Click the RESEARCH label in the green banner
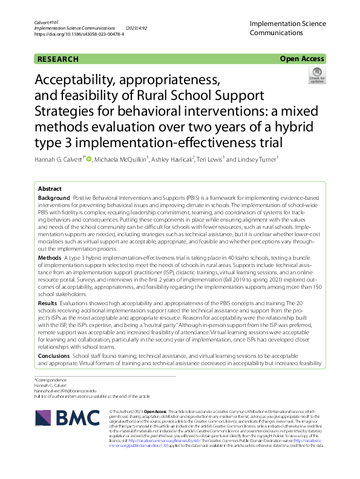(x=58, y=59)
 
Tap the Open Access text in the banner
(x=302, y=59)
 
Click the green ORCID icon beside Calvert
(x=88, y=159)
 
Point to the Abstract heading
(x=50, y=188)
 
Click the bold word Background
(x=53, y=198)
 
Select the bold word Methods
(x=50, y=257)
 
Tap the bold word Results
(x=48, y=302)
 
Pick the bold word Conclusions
(x=54, y=357)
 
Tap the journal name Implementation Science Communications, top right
(x=287, y=28)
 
